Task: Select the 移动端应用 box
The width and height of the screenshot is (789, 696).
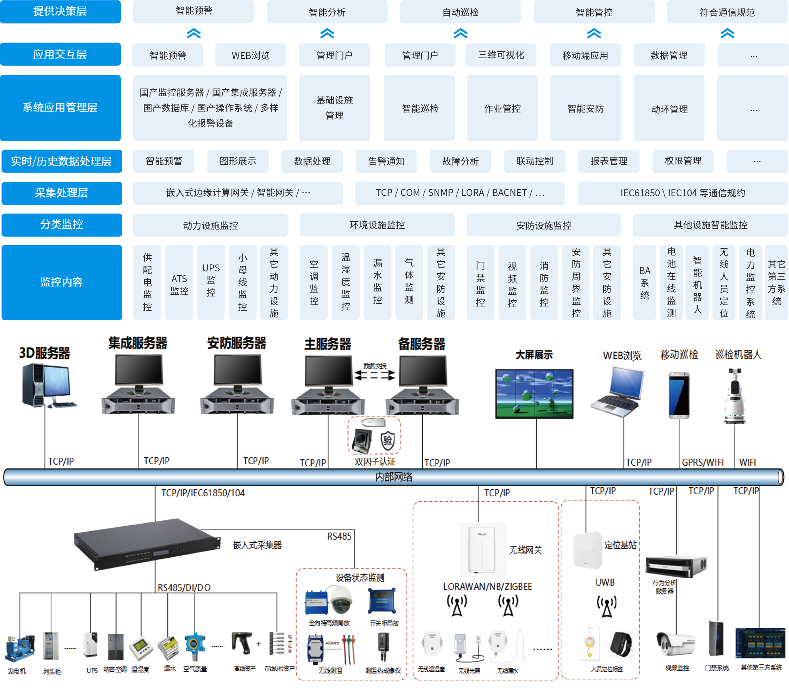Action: click(x=585, y=55)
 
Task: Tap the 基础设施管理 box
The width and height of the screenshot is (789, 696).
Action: click(x=334, y=108)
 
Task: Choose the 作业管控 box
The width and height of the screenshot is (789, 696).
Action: click(x=502, y=108)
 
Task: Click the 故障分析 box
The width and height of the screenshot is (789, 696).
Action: click(x=460, y=161)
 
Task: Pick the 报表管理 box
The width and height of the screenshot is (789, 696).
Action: click(x=609, y=161)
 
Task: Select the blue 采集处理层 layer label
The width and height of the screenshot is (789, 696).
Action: click(x=62, y=193)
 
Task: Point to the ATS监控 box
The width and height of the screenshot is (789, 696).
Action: click(x=179, y=283)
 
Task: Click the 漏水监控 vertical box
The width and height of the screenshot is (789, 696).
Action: click(x=377, y=283)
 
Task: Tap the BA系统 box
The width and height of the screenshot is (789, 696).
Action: click(x=644, y=283)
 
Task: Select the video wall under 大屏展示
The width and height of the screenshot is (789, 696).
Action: click(x=534, y=393)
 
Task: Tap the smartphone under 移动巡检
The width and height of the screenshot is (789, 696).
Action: click(x=679, y=395)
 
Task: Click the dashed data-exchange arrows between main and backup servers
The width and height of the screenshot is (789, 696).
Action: click(x=374, y=375)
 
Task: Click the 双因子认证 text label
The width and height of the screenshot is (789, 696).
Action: click(x=375, y=462)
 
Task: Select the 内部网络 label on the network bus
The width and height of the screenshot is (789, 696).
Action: click(x=394, y=477)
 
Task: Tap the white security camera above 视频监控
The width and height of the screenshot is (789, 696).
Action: click(x=676, y=644)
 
